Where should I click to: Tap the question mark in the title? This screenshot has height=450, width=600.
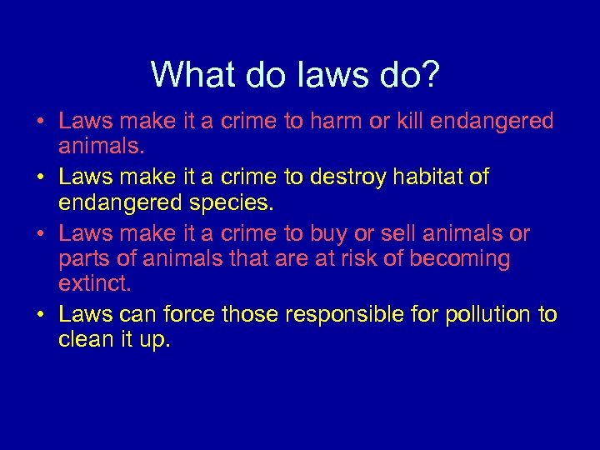click(431, 75)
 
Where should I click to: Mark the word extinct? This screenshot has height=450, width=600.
click(94, 285)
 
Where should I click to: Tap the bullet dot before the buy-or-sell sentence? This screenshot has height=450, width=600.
click(40, 234)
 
